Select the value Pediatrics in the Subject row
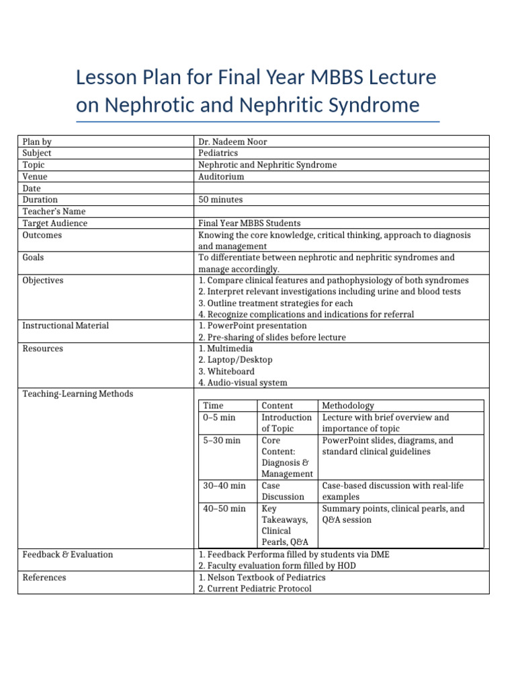pos(218,153)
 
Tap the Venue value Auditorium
pos(221,176)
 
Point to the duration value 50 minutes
pos(221,200)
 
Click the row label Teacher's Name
pos(54,211)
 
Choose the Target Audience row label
pos(55,223)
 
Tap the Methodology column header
pos(348,406)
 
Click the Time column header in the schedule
pos(213,406)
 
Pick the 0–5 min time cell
pos(219,417)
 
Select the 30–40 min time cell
pos(224,485)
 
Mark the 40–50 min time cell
pos(224,509)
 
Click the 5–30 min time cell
pos(222,441)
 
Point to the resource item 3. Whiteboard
pos(226,371)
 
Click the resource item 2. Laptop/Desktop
pos(235,360)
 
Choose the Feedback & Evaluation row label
pos(68,554)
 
